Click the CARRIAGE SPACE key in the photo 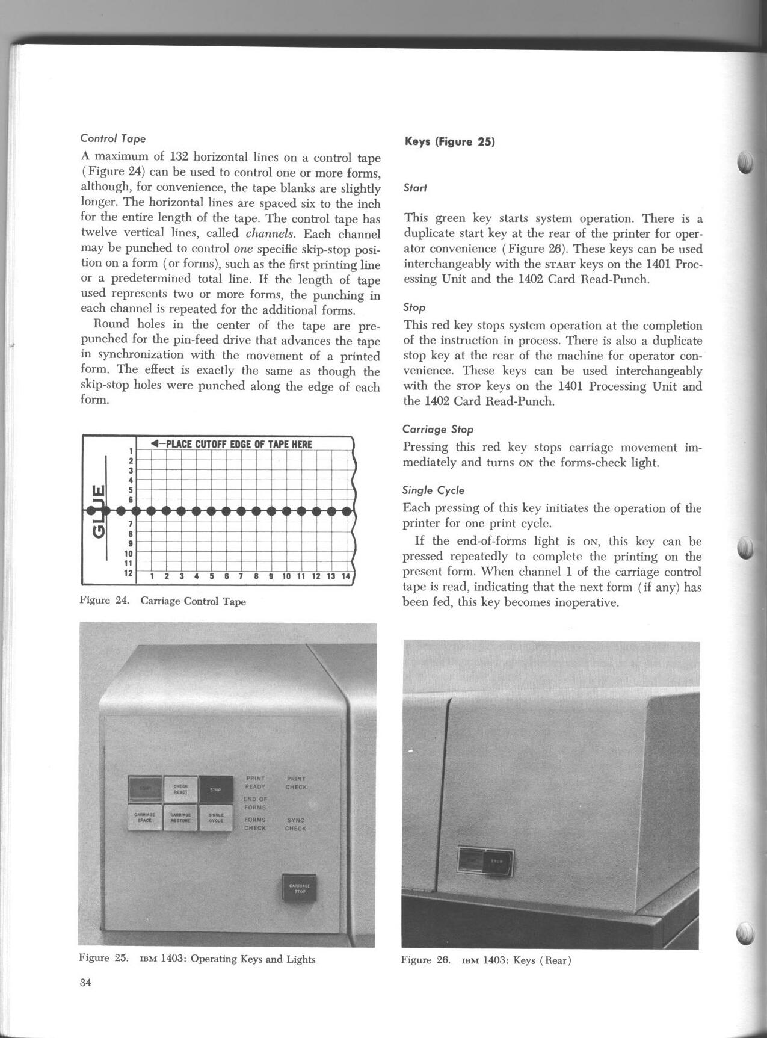[x=145, y=818]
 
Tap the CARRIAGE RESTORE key [x=181, y=818]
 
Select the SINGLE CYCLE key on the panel [x=216, y=818]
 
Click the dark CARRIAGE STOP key [x=299, y=888]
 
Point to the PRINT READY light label [x=255, y=782]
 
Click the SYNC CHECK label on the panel [x=295, y=824]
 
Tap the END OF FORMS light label [x=255, y=803]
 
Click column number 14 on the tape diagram [x=345, y=576]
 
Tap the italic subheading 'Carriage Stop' [x=438, y=429]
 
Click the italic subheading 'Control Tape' [x=113, y=138]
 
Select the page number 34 [x=85, y=983]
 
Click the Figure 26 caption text [x=486, y=960]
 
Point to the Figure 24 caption [x=162, y=601]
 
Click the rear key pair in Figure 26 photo [x=486, y=862]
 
